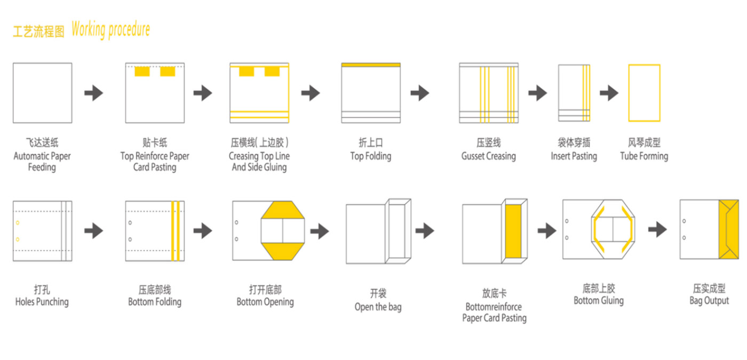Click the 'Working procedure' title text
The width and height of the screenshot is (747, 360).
point(110,30)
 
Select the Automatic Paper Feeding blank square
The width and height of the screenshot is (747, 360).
point(42,93)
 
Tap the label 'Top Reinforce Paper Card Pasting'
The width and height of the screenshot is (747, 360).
point(155,162)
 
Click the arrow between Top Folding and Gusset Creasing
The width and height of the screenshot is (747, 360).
point(420,93)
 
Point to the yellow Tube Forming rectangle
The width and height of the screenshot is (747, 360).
point(644,93)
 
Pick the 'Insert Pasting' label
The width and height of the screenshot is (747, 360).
point(574,156)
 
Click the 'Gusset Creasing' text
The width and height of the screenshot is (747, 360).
point(488,156)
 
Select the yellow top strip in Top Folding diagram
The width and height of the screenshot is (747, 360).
point(371,65)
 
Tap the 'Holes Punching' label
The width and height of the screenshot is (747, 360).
point(42,302)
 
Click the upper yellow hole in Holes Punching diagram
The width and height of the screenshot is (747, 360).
point(18,222)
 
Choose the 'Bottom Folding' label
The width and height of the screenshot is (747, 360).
point(155,302)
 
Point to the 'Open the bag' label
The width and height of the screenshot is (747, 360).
point(378,307)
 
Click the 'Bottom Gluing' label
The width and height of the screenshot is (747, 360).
point(598,301)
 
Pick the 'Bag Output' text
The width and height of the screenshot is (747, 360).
point(709,301)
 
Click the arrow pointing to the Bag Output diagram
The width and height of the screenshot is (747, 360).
point(657,230)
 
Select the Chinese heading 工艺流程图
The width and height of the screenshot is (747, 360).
point(38,31)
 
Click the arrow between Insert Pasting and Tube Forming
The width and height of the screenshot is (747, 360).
point(609,93)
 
